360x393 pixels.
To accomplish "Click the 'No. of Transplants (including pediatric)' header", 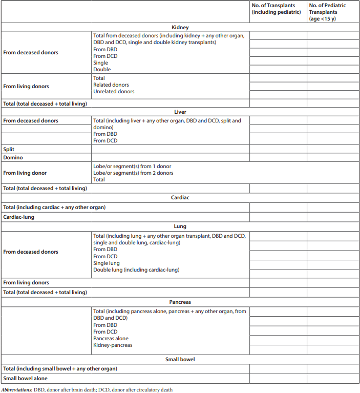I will click(x=277, y=9).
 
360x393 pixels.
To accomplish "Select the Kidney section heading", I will click(x=180, y=27).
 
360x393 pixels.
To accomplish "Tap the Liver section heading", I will click(x=180, y=112).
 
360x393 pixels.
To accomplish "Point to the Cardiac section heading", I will click(x=180, y=197).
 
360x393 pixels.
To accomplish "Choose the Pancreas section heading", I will click(x=180, y=302).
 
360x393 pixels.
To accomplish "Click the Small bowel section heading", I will click(x=180, y=359).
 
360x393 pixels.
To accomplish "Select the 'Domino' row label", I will click(x=13, y=158).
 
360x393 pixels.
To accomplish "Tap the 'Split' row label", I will click(x=9, y=150).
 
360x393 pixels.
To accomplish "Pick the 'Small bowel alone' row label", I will click(x=25, y=378).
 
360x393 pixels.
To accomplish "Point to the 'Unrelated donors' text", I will click(x=114, y=92).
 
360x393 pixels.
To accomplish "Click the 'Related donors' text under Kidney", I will click(x=111, y=85).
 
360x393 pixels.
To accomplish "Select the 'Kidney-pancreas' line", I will click(x=113, y=345).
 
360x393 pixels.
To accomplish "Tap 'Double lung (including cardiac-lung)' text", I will click(x=136, y=270).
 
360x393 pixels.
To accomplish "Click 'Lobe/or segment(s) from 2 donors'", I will click(x=133, y=173).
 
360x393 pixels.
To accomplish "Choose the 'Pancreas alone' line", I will click(x=111, y=339).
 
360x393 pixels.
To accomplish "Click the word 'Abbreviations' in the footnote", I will click(x=16, y=389).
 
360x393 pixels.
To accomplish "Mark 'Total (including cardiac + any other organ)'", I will click(x=54, y=208).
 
